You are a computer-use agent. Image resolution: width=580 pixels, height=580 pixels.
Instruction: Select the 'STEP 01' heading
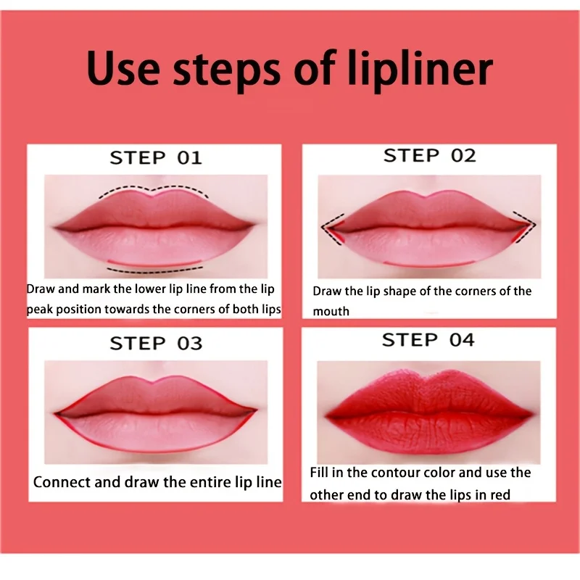pos(155,158)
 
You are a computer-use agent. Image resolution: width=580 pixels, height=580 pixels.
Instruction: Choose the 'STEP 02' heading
pos(429,156)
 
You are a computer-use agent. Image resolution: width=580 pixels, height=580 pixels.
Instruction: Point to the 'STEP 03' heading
pos(155,344)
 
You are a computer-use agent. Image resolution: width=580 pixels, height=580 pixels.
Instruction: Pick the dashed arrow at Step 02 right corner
pos(525,225)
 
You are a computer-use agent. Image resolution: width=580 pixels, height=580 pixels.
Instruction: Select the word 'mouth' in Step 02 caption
pos(331,312)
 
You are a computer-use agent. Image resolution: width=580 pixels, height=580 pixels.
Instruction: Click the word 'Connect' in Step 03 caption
pos(62,482)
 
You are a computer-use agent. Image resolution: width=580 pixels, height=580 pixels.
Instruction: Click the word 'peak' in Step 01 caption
pos(42,310)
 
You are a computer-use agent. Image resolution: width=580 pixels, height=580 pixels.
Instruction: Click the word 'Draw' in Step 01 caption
pos(41,289)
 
